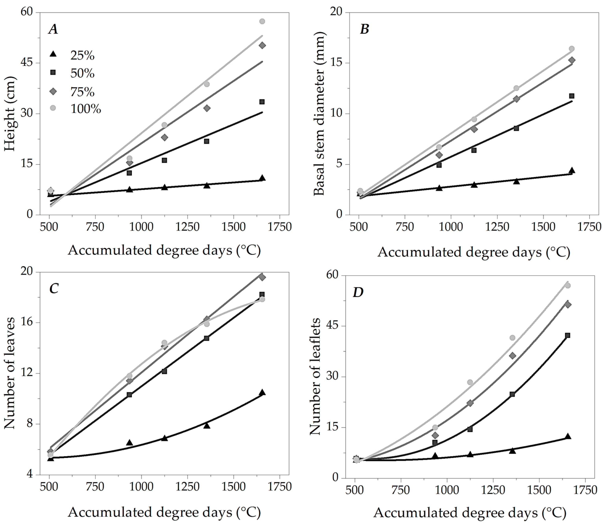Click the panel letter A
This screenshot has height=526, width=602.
(53, 29)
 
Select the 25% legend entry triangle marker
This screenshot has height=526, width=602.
(53, 54)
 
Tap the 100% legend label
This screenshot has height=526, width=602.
(86, 109)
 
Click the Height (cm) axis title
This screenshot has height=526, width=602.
(10, 114)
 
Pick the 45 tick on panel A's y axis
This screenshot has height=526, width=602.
(26, 63)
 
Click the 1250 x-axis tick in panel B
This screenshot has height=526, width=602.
(497, 227)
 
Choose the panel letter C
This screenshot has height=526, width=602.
(54, 289)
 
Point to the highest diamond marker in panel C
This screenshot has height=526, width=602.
(262, 277)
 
